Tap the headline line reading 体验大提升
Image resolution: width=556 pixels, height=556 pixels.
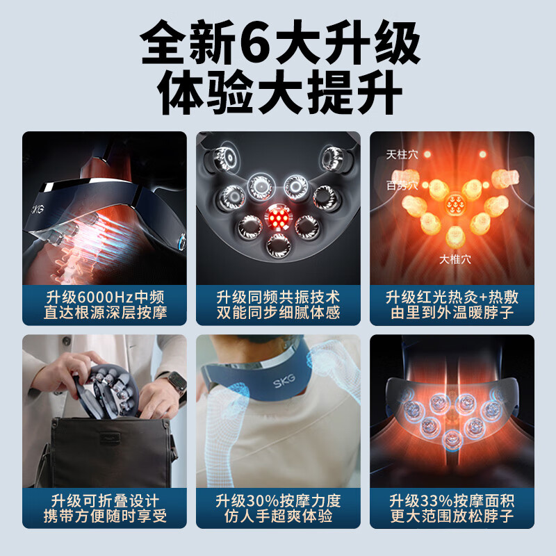278,93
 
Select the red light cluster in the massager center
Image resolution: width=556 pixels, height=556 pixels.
278,220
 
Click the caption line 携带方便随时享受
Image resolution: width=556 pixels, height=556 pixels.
104,518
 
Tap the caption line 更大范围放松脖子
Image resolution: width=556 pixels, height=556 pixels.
452,518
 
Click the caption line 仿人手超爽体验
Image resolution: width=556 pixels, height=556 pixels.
278,518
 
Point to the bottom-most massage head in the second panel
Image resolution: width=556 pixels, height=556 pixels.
278,244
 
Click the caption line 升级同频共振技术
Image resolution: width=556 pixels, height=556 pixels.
278,297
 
